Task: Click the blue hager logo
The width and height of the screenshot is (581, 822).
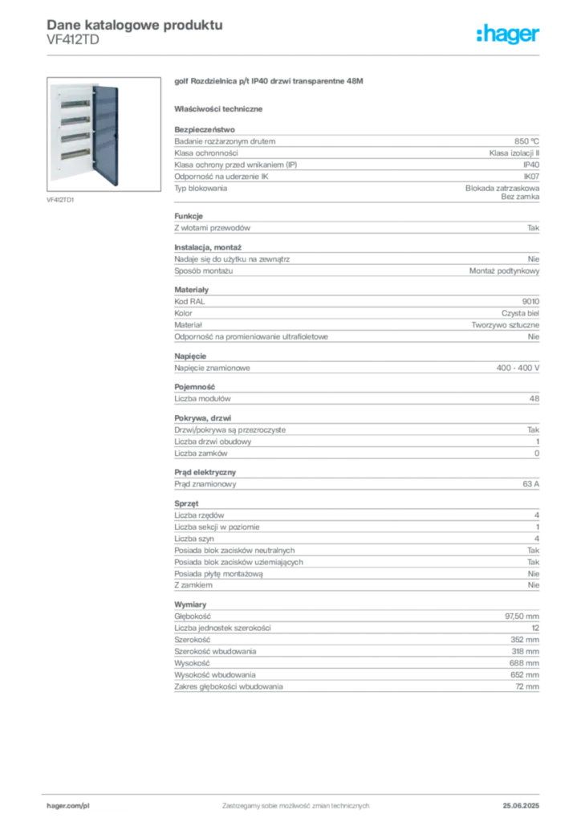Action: point(509,35)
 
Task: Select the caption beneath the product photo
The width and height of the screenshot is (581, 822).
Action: point(61,200)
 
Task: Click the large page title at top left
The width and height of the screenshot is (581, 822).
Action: point(132,23)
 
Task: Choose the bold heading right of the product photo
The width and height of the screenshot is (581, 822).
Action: point(270,83)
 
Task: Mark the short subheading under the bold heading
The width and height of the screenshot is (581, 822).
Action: point(221,108)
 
